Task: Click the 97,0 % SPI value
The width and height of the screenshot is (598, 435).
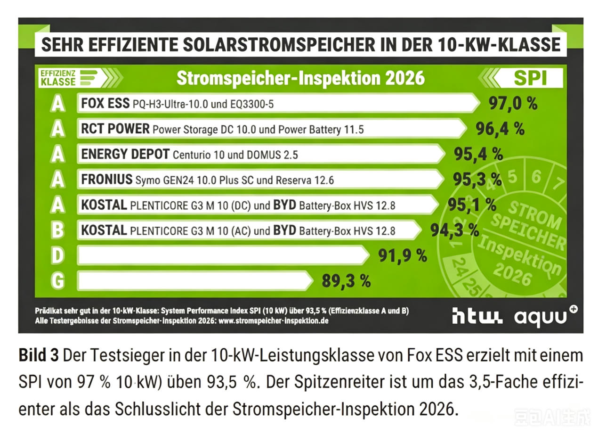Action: (513, 103)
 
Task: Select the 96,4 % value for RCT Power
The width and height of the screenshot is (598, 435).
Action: (500, 129)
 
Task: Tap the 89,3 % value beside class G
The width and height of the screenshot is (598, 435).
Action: (346, 281)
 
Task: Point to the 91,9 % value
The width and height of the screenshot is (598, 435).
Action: (403, 256)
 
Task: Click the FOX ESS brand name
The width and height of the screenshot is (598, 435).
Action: (105, 103)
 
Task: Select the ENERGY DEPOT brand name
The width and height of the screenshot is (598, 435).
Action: (125, 154)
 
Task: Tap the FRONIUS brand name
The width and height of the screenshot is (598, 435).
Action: (106, 180)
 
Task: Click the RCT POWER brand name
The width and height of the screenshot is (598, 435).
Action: (115, 129)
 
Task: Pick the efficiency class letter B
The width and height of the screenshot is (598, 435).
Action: (57, 230)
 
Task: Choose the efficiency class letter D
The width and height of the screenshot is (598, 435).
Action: (57, 256)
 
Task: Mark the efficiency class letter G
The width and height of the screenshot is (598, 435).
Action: (57, 281)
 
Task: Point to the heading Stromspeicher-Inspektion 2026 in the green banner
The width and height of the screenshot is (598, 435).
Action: (300, 78)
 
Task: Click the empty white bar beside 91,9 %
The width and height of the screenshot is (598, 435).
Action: (221, 256)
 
